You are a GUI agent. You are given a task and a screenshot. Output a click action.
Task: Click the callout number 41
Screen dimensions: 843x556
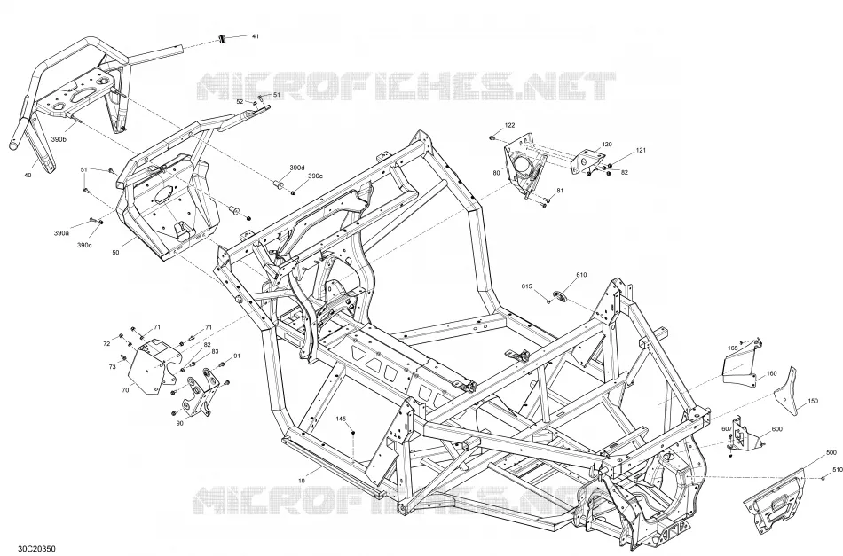(256, 36)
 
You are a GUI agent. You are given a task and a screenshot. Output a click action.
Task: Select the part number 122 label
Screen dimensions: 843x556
(509, 125)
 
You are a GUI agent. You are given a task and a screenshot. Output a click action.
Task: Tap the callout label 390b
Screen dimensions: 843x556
(59, 140)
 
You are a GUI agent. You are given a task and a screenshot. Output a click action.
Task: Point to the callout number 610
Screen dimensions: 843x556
(581, 275)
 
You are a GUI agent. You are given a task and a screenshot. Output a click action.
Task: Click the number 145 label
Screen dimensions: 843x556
(342, 419)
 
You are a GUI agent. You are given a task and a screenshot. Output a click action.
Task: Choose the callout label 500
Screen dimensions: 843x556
(831, 453)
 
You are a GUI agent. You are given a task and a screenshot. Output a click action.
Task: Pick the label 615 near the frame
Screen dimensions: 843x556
(526, 286)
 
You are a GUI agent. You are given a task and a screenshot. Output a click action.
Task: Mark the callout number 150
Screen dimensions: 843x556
(813, 402)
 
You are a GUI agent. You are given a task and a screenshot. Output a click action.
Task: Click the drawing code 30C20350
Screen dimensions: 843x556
(36, 549)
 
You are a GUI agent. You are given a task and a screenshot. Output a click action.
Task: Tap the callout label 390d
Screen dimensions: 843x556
(296, 168)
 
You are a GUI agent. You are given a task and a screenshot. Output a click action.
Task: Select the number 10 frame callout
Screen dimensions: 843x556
(301, 481)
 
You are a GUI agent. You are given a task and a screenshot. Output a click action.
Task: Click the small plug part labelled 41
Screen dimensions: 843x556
(220, 38)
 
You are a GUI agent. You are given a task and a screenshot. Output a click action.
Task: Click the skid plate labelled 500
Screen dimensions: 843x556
(775, 502)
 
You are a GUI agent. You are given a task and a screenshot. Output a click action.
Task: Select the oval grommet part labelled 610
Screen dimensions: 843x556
(558, 295)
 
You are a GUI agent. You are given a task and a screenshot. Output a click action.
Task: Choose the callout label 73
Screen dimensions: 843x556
(112, 367)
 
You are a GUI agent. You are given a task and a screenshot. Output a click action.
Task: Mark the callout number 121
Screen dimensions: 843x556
(641, 151)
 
